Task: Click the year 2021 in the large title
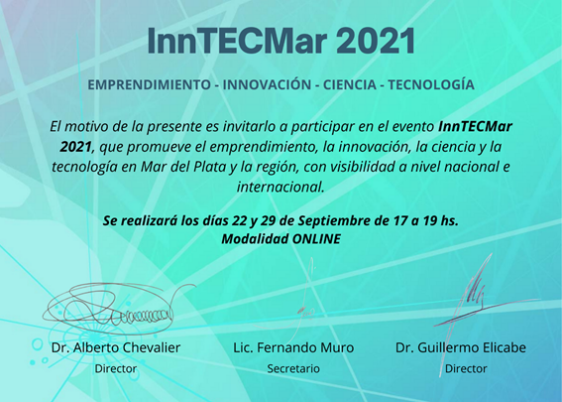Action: click(376, 41)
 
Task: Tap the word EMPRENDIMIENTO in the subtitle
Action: click(149, 84)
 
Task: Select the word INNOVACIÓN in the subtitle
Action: click(267, 84)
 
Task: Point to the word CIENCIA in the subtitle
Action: click(350, 84)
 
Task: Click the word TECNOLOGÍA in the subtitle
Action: click(431, 84)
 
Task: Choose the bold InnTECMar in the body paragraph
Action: click(475, 127)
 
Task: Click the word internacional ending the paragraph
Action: click(281, 187)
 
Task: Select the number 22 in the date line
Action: click(239, 220)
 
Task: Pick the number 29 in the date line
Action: click(268, 220)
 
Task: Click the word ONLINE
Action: click(316, 239)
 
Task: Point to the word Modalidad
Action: click(255, 239)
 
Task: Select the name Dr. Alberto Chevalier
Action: click(116, 347)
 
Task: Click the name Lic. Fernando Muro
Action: click(293, 347)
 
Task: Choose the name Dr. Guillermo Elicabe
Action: click(461, 347)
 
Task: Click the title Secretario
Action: click(293, 368)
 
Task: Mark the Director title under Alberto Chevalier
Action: click(116, 368)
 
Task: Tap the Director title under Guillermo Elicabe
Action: click(466, 368)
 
